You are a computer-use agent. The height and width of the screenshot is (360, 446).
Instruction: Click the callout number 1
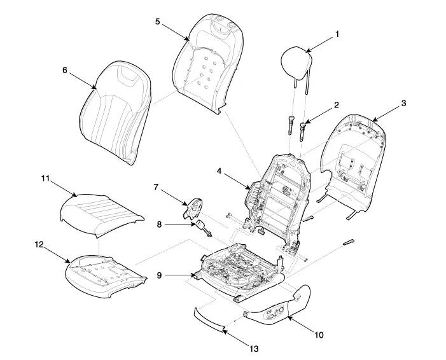click(338, 34)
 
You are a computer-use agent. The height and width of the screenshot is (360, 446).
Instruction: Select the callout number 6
click(65, 71)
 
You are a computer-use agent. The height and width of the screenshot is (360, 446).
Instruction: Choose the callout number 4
click(219, 170)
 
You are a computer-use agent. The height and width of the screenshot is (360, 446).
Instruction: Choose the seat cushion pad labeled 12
click(105, 273)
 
